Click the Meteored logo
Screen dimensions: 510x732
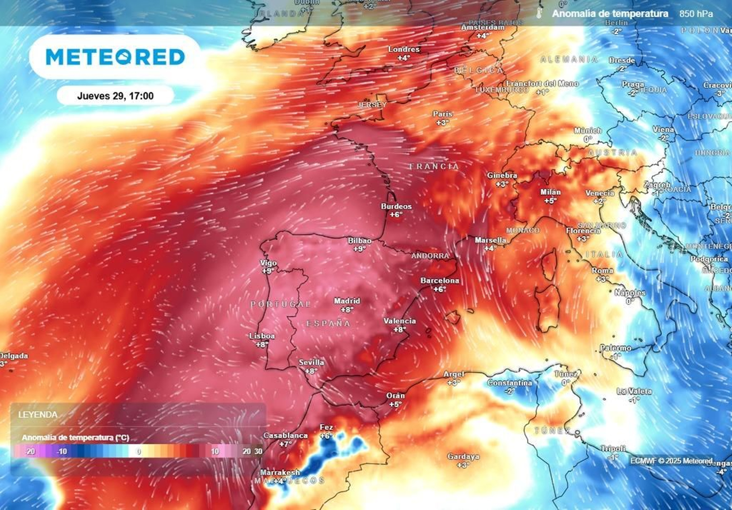click(115, 57)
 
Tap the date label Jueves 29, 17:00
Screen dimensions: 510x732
click(115, 96)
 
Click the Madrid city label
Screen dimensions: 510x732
click(347, 301)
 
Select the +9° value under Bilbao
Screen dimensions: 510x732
click(360, 249)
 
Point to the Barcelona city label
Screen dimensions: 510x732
click(440, 281)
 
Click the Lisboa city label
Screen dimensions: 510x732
click(262, 336)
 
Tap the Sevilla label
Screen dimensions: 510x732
click(312, 362)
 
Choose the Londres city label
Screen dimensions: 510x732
click(404, 49)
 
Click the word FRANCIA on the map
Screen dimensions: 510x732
click(434, 166)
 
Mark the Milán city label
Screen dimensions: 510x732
click(550, 192)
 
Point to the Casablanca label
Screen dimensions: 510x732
click(285, 436)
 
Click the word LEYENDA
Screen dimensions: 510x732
click(38, 415)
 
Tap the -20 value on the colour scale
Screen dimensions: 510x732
click(30, 452)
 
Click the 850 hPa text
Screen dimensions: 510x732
click(696, 14)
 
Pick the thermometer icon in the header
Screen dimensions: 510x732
click(539, 13)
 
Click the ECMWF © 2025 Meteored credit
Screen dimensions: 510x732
click(671, 461)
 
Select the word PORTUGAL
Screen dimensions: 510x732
click(280, 304)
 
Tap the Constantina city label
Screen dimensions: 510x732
click(509, 383)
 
